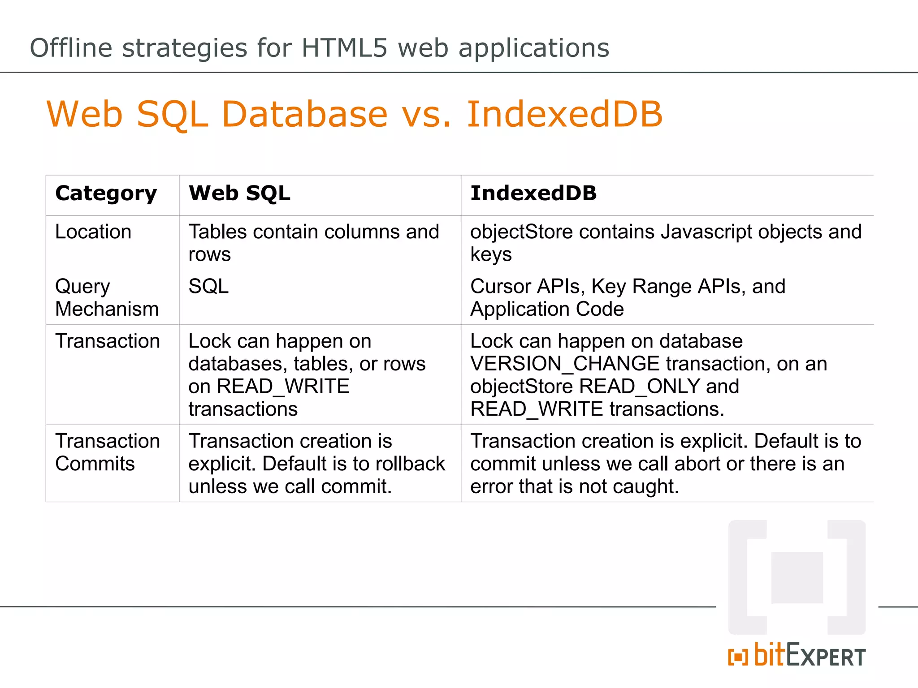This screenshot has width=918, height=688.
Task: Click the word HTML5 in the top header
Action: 344,48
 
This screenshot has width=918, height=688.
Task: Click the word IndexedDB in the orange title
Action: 564,114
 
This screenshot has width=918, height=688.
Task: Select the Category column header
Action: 106,193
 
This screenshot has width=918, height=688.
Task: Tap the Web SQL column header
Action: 239,193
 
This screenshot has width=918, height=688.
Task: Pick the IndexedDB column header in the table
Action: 533,193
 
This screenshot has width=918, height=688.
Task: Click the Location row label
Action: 93,232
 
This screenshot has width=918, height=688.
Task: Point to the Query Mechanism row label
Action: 107,297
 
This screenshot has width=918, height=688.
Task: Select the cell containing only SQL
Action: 208,286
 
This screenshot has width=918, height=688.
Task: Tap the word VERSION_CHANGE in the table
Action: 565,364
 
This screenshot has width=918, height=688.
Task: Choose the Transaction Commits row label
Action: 107,452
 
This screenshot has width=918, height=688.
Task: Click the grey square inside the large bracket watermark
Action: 797,577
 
